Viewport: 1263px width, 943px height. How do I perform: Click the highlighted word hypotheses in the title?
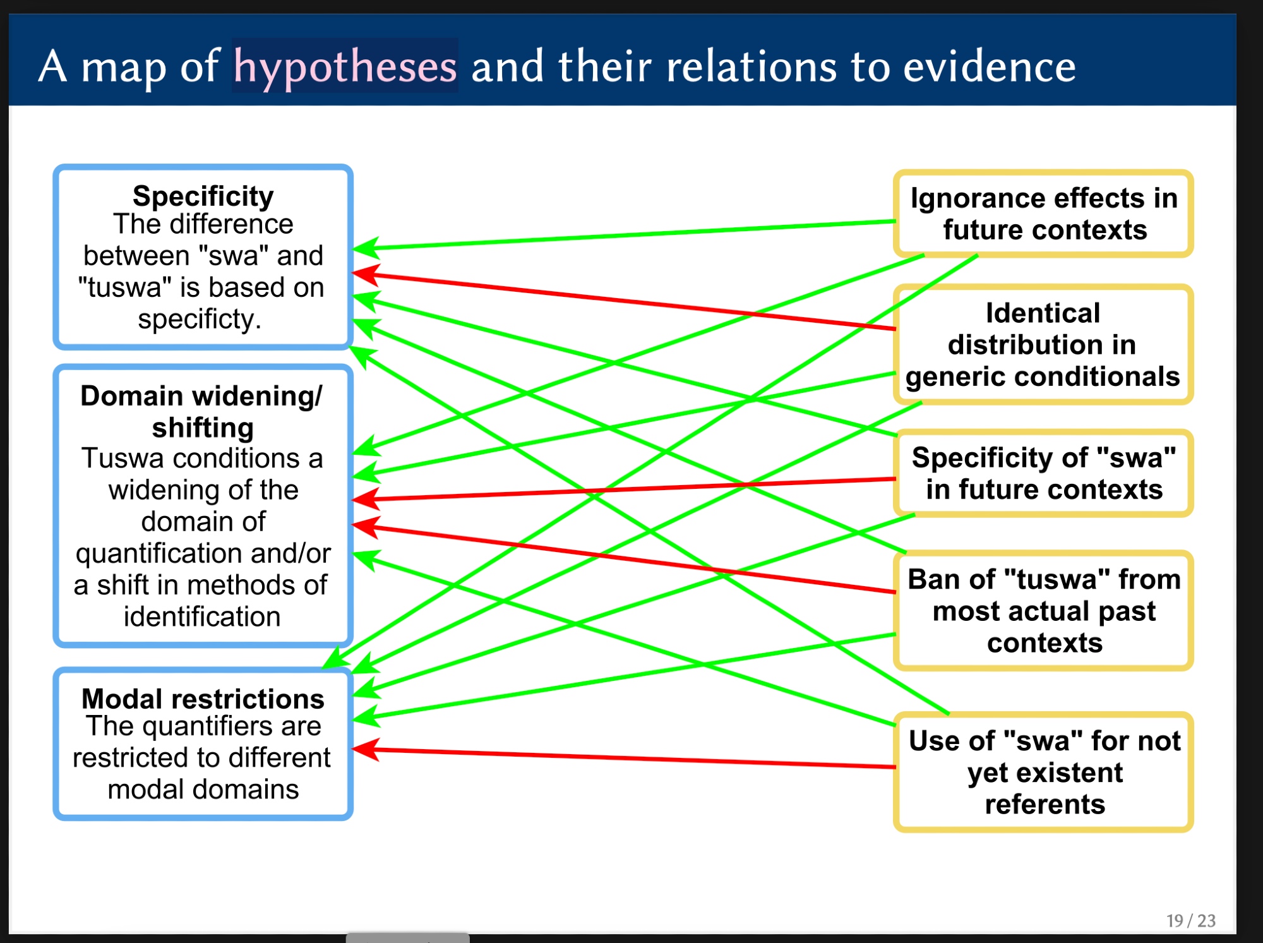point(345,66)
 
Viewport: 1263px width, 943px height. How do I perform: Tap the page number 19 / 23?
point(1190,920)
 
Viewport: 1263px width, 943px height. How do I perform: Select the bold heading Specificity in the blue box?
point(203,196)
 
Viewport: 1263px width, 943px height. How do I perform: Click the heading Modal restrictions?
point(203,699)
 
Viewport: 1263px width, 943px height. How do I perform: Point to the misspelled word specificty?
point(198,319)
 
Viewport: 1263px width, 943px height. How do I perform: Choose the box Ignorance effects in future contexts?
point(1043,213)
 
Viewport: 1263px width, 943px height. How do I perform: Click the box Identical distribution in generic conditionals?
point(1043,344)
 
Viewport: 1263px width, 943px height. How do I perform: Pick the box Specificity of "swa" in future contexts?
point(1043,473)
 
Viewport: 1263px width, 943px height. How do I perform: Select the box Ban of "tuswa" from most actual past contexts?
point(1043,610)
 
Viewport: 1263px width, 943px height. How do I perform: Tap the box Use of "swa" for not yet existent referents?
point(1043,772)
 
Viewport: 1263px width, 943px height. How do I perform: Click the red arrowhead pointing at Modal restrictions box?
point(364,750)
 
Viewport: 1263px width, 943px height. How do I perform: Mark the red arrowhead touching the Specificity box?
point(364,274)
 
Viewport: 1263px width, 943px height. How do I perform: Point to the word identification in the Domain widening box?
point(202,616)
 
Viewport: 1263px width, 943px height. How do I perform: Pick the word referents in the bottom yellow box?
point(1045,804)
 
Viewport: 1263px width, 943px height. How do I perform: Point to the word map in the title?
point(123,66)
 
